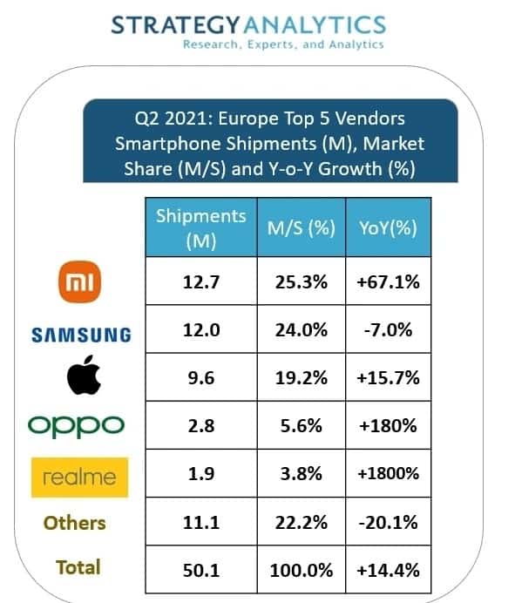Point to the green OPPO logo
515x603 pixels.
coord(78,425)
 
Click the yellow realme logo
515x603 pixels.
coord(79,477)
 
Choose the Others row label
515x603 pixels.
coord(76,523)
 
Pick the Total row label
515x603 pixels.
coord(78,567)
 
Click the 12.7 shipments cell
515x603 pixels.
coord(200,282)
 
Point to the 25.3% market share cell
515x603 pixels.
coord(301,282)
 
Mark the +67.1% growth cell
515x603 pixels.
coord(388,282)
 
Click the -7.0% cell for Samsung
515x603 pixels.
coord(388,331)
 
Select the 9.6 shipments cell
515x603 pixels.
coord(200,379)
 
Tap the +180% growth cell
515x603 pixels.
coord(388,427)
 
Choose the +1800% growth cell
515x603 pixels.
coord(388,474)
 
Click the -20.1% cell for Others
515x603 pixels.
coord(388,522)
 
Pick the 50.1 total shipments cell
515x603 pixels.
coord(200,570)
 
